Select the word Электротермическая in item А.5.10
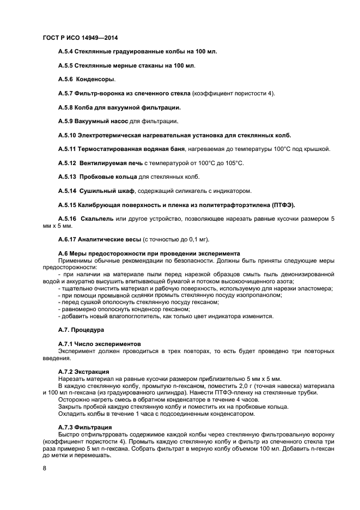(x=112, y=135)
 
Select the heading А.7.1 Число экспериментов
(x=99, y=344)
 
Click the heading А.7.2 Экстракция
(x=83, y=371)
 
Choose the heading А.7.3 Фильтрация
(x=85, y=427)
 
